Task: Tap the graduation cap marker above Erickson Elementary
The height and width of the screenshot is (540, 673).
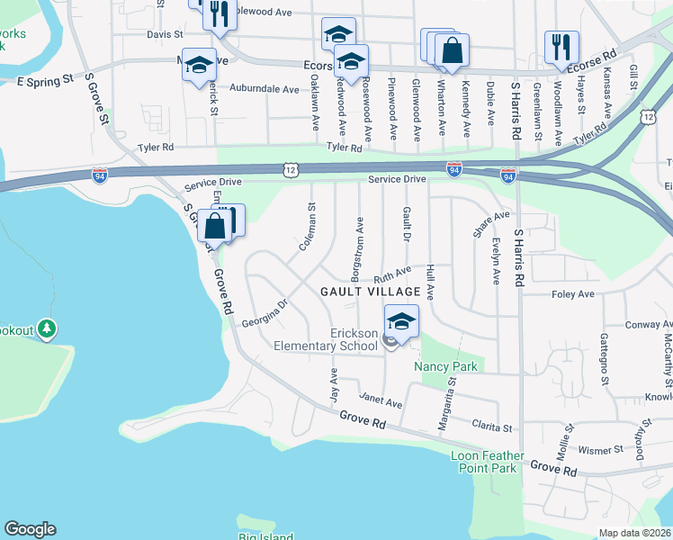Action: [402, 320]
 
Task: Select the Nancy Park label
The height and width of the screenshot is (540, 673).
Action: [444, 367]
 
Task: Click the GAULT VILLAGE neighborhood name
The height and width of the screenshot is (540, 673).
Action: [371, 292]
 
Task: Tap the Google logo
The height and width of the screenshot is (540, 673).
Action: [30, 529]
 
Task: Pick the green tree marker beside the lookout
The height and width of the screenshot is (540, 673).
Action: [48, 330]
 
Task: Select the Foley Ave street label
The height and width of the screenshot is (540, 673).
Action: [572, 294]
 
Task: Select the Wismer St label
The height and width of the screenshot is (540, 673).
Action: [602, 449]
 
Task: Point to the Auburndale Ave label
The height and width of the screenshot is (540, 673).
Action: [264, 90]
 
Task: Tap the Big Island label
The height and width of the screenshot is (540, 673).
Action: [261, 536]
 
